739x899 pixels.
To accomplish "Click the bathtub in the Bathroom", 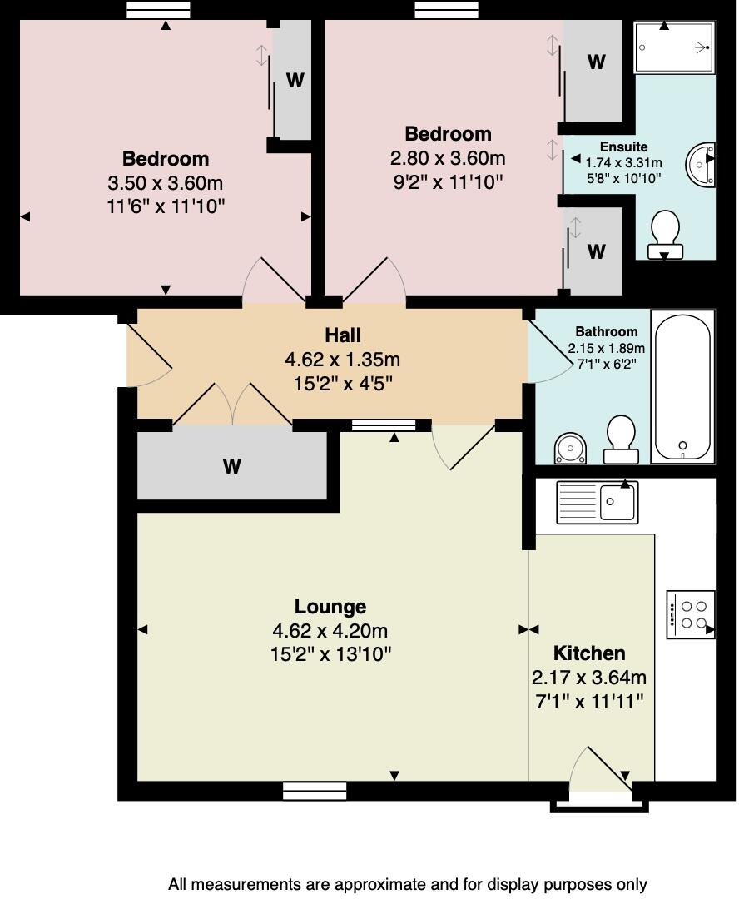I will click(682, 386).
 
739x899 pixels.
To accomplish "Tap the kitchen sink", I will click(597, 502).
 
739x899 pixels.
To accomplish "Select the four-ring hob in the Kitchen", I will click(691, 614).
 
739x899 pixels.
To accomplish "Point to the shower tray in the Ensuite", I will click(675, 47).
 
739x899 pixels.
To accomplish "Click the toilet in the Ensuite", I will click(665, 235).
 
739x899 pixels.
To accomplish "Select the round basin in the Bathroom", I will click(570, 449).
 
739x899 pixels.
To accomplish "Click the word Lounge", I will click(330, 607).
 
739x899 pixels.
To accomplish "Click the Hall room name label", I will click(342, 335).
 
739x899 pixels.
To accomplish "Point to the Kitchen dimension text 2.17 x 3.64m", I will click(588, 678).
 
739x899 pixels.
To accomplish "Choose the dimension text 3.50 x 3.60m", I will click(166, 183).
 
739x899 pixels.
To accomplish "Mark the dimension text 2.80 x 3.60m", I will click(448, 158).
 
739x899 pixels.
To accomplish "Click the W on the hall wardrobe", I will click(231, 467).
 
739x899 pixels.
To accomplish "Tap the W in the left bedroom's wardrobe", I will click(295, 80).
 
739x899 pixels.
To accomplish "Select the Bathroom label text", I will click(607, 331).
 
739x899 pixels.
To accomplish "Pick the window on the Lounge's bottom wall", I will click(315, 791).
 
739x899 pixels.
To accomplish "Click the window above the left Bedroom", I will click(158, 9).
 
